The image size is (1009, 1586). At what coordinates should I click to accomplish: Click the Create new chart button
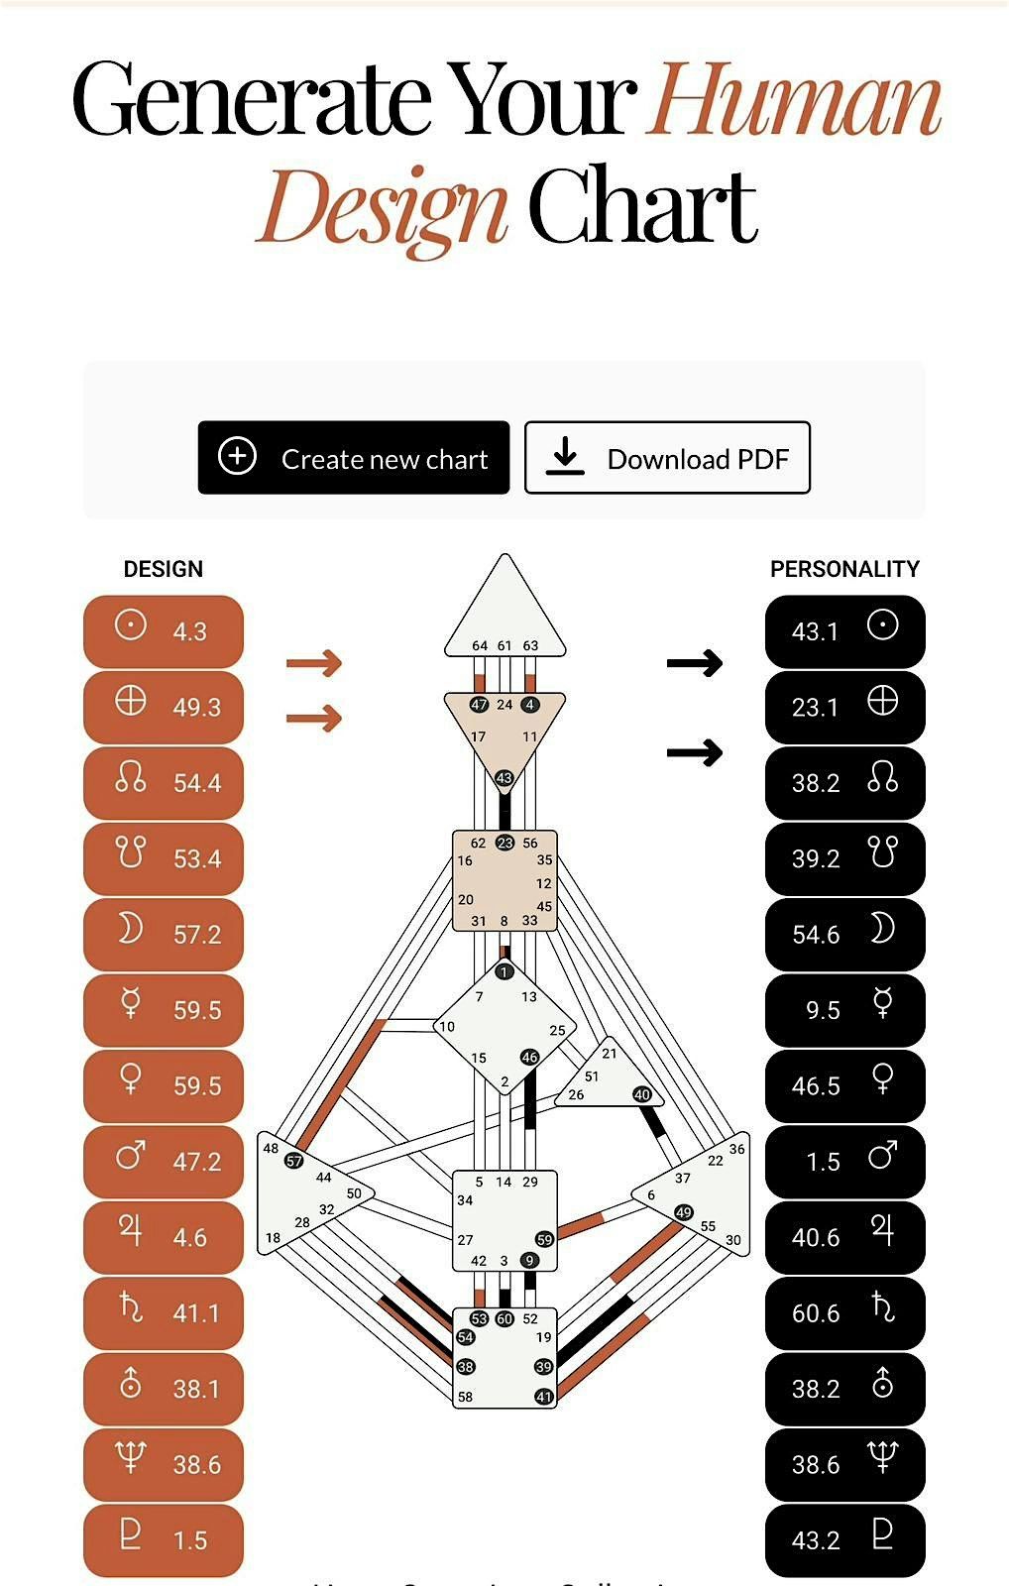(x=354, y=458)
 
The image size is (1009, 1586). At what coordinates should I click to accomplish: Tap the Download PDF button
(x=667, y=458)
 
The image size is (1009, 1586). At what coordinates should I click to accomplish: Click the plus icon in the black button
(x=237, y=457)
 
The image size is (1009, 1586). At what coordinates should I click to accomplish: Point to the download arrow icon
(x=565, y=457)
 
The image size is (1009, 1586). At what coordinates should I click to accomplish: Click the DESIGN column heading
(x=164, y=569)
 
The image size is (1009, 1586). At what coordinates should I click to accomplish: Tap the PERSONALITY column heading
(x=844, y=569)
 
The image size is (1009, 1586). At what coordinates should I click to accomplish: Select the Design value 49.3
(x=196, y=708)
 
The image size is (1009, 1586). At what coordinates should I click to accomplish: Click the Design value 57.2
(x=196, y=935)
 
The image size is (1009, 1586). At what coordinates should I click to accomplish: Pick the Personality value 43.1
(x=815, y=631)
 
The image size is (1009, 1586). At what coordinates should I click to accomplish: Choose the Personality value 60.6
(x=815, y=1313)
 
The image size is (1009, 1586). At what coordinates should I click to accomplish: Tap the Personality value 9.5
(x=823, y=1010)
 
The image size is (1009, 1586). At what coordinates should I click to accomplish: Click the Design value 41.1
(x=196, y=1313)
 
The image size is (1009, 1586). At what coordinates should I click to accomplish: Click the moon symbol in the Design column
(x=131, y=929)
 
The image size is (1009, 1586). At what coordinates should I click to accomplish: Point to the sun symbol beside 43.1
(x=882, y=625)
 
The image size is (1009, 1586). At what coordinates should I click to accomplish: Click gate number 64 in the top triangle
(x=480, y=645)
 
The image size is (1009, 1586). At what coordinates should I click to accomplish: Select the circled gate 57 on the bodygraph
(x=294, y=1161)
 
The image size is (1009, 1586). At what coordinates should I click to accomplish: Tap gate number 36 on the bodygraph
(x=736, y=1149)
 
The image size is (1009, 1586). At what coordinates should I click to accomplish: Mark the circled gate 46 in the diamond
(x=530, y=1058)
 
